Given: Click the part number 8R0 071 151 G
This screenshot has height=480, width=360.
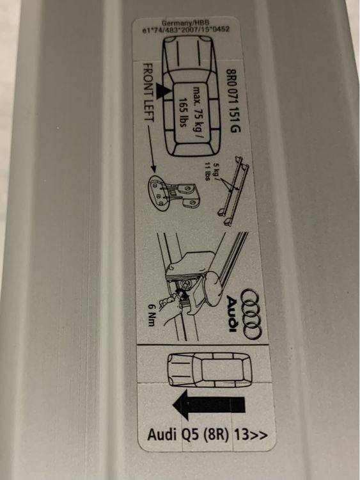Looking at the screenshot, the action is click(x=233, y=100).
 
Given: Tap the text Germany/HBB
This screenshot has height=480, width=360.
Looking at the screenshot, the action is click(x=185, y=23).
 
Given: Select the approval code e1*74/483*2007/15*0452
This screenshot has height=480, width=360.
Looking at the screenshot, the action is click(x=186, y=29).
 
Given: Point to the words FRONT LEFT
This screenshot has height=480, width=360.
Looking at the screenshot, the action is click(x=148, y=93).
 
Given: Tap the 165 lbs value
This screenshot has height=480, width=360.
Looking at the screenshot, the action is click(x=184, y=113).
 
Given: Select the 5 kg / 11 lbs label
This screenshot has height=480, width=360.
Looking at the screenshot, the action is click(x=210, y=172).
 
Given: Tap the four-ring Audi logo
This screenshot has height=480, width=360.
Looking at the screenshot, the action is click(x=251, y=314).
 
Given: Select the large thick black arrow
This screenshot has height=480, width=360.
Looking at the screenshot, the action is click(x=209, y=405).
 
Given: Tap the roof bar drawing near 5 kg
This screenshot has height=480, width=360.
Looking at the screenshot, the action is click(x=233, y=191).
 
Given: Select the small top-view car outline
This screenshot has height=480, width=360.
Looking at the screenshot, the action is click(x=210, y=370).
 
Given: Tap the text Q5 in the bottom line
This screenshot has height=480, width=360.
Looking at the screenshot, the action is click(x=191, y=435).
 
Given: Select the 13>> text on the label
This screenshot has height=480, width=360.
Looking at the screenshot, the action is click(x=251, y=435).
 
